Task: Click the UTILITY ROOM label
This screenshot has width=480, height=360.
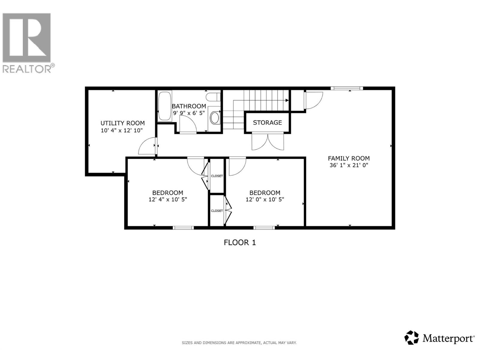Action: click(122, 123)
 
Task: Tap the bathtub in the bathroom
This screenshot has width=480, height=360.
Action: click(164, 106)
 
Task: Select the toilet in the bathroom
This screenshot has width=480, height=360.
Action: click(214, 97)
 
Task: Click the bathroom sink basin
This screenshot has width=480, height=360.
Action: click(214, 118)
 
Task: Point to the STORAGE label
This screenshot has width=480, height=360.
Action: click(267, 122)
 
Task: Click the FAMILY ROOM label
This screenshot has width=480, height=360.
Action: click(349, 158)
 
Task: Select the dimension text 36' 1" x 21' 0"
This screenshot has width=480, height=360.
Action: click(349, 165)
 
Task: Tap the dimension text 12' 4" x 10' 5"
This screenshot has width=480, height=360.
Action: click(168, 199)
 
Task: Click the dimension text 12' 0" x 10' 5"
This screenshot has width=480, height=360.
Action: click(265, 199)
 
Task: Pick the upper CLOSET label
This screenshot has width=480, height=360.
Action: click(217, 176)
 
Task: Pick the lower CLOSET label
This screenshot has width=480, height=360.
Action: click(217, 211)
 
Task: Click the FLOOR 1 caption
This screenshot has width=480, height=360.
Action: click(240, 242)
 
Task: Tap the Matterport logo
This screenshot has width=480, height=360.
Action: click(439, 339)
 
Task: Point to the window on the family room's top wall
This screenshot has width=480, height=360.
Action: click(346, 88)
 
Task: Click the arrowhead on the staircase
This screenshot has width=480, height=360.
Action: click(287, 100)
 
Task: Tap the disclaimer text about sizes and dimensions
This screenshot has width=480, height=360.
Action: click(239, 343)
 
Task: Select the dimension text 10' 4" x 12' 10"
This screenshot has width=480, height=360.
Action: click(122, 130)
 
